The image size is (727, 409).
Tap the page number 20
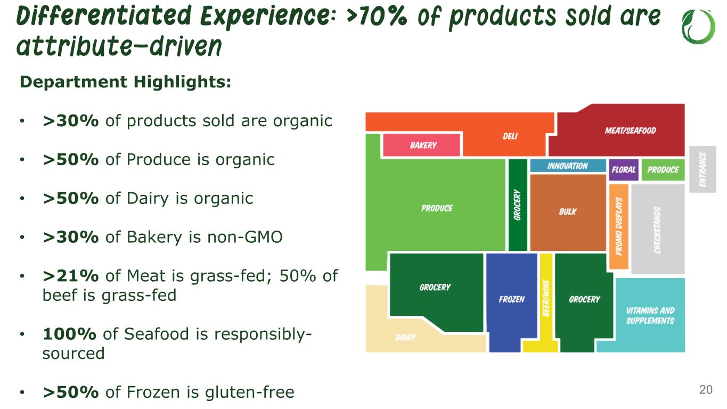(x=706, y=389)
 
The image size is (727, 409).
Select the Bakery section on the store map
(x=422, y=145)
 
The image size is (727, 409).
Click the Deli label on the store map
(x=510, y=136)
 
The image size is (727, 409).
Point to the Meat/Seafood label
(x=630, y=130)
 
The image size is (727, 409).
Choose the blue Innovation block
(x=568, y=166)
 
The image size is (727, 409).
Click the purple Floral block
(x=624, y=169)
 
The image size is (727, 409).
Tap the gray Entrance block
(x=703, y=169)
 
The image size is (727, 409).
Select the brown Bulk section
(x=568, y=212)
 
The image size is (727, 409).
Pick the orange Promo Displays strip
(x=618, y=226)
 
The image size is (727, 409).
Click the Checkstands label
(x=657, y=230)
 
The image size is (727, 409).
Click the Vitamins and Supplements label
(x=650, y=315)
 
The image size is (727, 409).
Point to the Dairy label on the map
(x=405, y=338)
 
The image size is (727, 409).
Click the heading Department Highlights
(x=126, y=81)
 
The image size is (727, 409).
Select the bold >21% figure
(x=70, y=275)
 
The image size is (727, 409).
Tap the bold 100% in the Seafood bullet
(x=69, y=334)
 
